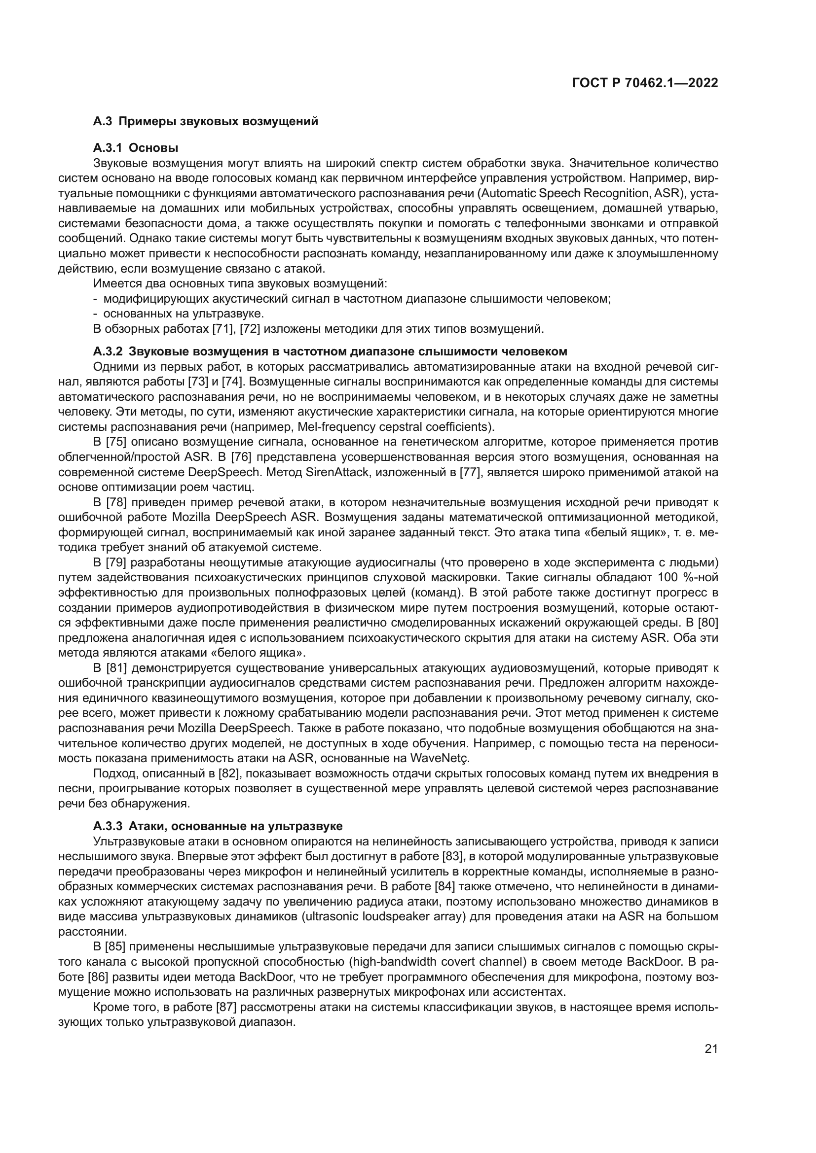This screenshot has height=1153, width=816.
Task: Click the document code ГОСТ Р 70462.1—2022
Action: pos(645,83)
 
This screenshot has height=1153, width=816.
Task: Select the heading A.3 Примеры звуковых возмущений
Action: pos(206,122)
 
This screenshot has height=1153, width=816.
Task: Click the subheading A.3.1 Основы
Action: pos(136,148)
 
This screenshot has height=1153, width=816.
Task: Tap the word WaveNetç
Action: pos(440,758)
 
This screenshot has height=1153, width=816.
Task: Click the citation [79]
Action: pos(116,562)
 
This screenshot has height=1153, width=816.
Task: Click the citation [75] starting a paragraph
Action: pos(116,442)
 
